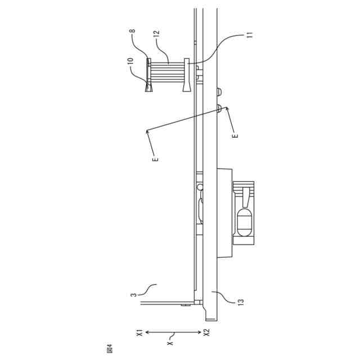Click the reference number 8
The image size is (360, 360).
pos(133,31)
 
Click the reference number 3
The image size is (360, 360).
pos(134,295)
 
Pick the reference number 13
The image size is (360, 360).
pos(241,302)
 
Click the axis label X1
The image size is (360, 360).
pos(140,332)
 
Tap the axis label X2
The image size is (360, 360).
pos(207,332)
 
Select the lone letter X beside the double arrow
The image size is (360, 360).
pos(170,343)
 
